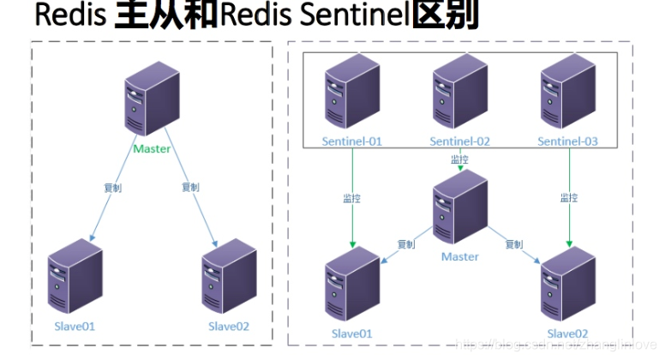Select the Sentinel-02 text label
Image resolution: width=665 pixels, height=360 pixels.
tap(459, 141)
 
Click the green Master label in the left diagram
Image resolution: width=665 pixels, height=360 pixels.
tap(152, 148)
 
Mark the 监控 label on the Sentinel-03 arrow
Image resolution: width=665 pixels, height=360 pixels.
tap(568, 198)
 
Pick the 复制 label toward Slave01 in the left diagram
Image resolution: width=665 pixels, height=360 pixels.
tap(111, 187)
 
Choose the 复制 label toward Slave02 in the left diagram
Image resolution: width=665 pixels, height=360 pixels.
tap(190, 187)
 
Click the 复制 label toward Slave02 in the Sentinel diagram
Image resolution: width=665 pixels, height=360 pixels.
tap(514, 244)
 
